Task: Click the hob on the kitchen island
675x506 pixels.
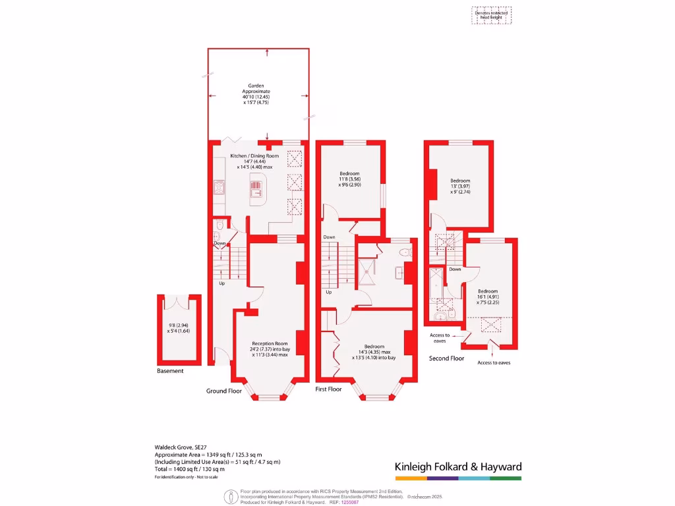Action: [x=255, y=189]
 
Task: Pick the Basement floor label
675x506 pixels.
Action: [x=170, y=371]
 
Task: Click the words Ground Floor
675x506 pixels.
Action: [x=224, y=391]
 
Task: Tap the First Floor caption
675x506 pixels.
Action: [x=329, y=389]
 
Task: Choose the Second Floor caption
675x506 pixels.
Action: [x=446, y=358]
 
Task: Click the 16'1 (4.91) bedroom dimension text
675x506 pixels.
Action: [x=488, y=297]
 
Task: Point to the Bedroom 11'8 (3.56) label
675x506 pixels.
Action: [x=349, y=179]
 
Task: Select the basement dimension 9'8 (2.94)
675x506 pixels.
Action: [x=178, y=325]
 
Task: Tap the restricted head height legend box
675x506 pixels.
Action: [x=492, y=15]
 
